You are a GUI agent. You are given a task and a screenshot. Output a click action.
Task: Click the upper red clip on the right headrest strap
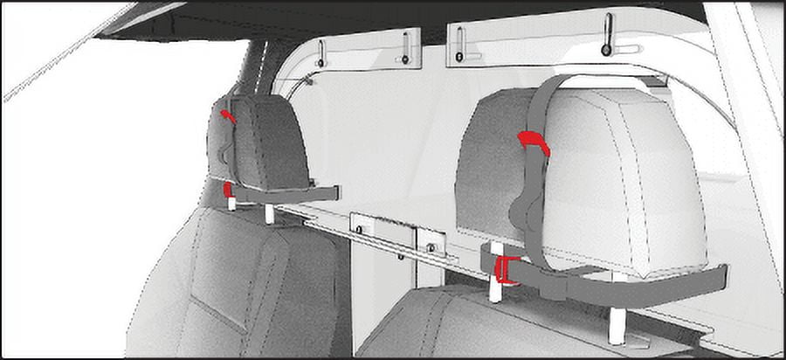[533, 142]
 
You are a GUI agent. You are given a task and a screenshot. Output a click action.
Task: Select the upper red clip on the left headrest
[228, 116]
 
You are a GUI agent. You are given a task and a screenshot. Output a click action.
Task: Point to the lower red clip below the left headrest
[228, 190]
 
